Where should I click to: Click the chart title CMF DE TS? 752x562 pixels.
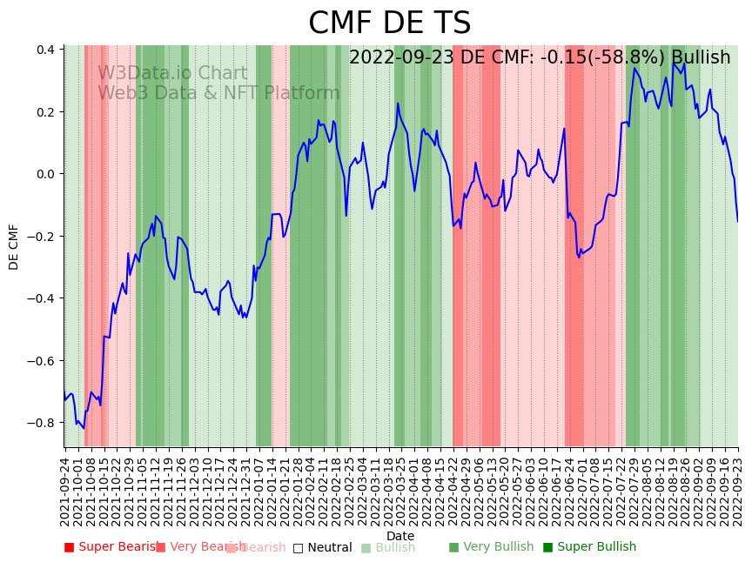389,23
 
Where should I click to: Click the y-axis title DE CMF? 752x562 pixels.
14,246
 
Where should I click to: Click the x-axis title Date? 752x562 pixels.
400,536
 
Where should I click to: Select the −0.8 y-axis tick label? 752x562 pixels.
43,423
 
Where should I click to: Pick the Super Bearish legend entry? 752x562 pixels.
111,547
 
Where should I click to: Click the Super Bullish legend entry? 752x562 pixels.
589,547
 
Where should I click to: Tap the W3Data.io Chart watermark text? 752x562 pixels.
172,73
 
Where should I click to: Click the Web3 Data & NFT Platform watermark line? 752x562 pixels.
218,93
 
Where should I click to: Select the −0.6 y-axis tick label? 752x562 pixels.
43,361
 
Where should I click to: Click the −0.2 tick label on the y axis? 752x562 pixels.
43,237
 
